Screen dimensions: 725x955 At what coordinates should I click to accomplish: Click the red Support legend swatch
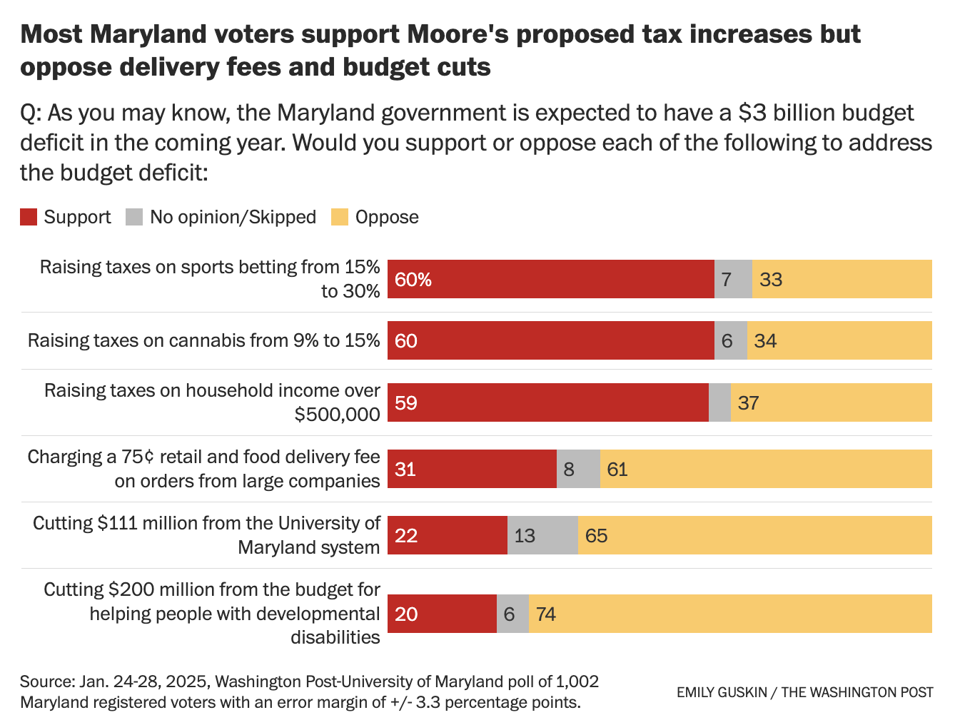(x=29, y=217)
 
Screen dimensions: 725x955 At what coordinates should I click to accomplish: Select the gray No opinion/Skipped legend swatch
(x=134, y=217)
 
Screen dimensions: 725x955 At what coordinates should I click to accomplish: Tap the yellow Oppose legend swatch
(x=340, y=217)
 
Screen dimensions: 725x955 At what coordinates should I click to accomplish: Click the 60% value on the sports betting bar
(x=413, y=280)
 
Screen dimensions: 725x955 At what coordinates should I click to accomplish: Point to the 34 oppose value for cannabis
(x=765, y=341)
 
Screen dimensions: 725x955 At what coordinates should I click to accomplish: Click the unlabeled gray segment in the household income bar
(x=719, y=402)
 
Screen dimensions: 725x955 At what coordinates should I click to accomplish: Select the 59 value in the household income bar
(x=406, y=403)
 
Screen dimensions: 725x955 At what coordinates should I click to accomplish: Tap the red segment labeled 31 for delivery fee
(x=472, y=469)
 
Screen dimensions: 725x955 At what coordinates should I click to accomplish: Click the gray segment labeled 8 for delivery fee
(x=578, y=469)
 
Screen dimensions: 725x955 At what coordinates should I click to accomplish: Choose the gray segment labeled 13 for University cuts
(x=542, y=535)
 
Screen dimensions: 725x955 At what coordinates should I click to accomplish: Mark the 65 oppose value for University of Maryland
(x=596, y=536)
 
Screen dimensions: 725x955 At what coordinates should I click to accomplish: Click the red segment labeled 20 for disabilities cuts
(x=442, y=614)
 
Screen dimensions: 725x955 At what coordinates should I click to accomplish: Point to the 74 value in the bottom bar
(x=546, y=614)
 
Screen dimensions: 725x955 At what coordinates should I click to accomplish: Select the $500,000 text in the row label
(x=337, y=415)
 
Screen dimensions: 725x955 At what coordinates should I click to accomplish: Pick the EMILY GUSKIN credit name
(x=721, y=692)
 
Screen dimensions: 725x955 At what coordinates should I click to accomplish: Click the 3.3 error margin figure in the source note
(x=428, y=702)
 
